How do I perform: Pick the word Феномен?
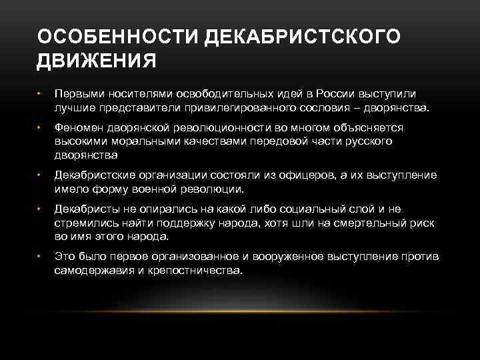click(75, 127)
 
